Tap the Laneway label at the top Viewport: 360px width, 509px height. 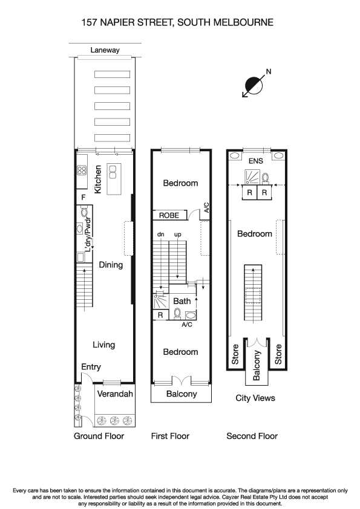[x=105, y=50]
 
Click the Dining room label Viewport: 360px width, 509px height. [x=111, y=265]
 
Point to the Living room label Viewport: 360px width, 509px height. [x=103, y=345]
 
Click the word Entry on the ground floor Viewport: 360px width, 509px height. [x=91, y=367]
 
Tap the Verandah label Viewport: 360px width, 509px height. [x=115, y=395]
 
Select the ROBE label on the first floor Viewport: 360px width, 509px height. [x=169, y=215]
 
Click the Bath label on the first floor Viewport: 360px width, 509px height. [x=182, y=301]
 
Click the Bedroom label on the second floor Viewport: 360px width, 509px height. [x=254, y=234]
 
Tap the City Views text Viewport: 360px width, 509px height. [x=255, y=398]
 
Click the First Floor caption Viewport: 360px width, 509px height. [x=170, y=436]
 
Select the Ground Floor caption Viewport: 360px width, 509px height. [x=99, y=436]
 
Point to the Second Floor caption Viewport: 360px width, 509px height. [x=252, y=436]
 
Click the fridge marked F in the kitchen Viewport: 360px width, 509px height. [x=82, y=196]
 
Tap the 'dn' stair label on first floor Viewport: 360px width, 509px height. [x=161, y=234]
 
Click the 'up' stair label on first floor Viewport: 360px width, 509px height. [x=178, y=234]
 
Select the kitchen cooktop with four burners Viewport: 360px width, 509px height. [x=83, y=170]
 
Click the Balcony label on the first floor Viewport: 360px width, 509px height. [x=182, y=394]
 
